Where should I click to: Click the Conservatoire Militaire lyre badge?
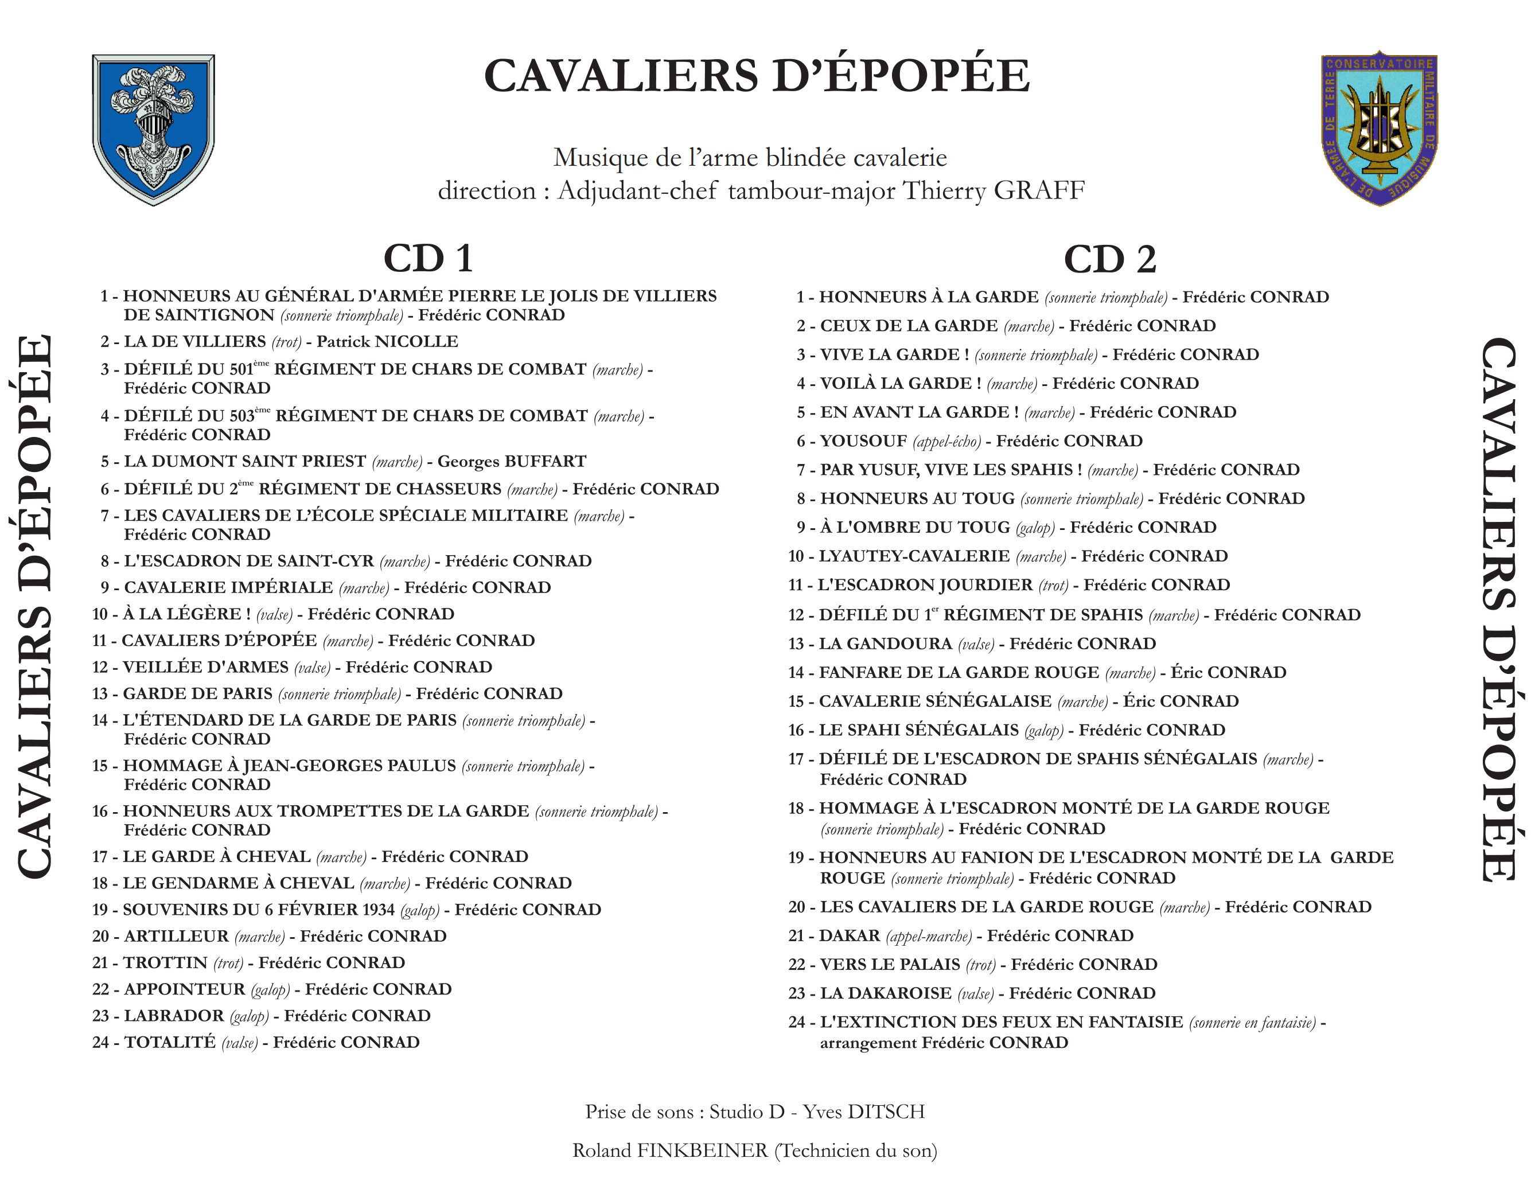click(x=1378, y=128)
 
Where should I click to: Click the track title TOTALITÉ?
click(x=169, y=1042)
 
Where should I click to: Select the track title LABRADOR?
click(x=174, y=1015)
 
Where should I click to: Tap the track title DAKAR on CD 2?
click(x=849, y=935)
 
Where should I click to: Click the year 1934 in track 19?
click(x=377, y=909)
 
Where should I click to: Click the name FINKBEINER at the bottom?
click(x=702, y=1151)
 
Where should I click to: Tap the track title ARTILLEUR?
click(x=176, y=936)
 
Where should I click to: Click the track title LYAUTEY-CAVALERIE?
click(x=914, y=556)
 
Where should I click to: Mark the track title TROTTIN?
click(x=165, y=962)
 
